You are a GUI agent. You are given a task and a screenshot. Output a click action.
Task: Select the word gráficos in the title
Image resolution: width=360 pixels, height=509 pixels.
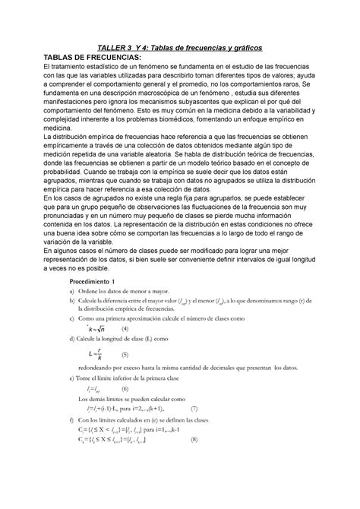(243, 48)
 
